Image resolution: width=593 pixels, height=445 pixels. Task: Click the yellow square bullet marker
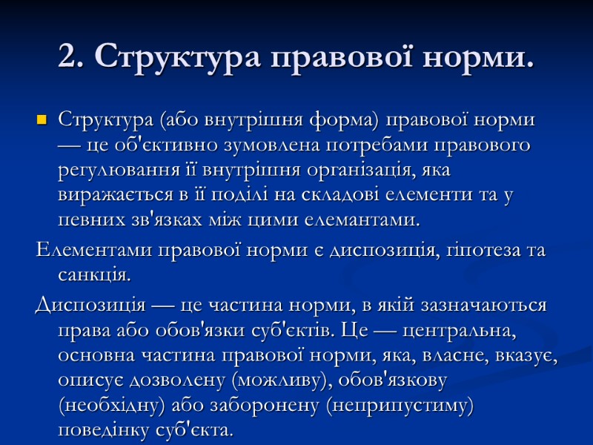pyautogui.click(x=41, y=119)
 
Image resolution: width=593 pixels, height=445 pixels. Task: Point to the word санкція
pyautogui.click(x=94, y=275)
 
